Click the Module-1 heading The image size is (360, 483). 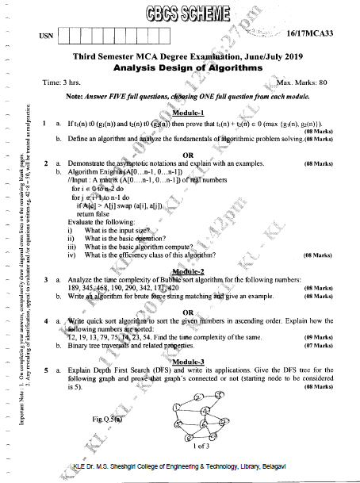188,113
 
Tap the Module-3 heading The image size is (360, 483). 188,362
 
